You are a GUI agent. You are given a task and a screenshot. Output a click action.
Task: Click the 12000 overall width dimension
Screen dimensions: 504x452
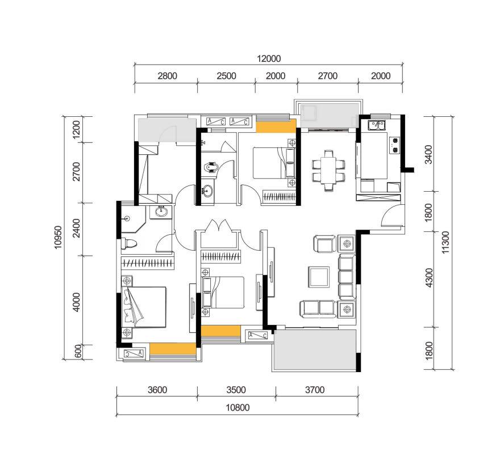pos(269,59)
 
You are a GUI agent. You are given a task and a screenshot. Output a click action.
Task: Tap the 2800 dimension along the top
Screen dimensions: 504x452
pos(167,76)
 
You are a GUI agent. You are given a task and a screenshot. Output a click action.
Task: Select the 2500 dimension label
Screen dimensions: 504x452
pos(226,76)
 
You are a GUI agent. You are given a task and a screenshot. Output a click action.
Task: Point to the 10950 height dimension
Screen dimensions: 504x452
pos(58,238)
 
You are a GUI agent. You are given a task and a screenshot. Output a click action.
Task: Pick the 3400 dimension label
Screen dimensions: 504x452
pos(428,155)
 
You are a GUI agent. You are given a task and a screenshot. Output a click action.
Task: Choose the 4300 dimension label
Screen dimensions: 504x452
pos(428,278)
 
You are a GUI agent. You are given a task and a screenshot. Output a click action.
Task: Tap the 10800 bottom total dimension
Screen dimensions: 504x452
pos(238,408)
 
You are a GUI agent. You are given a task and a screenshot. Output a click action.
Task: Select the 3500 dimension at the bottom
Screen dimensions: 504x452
pos(236,390)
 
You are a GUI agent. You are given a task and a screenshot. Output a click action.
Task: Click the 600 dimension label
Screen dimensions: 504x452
pos(78,352)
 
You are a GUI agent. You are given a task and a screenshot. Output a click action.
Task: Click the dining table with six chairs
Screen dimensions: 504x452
pos(328,171)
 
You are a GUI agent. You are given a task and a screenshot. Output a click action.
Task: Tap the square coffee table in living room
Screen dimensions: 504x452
pos(319,277)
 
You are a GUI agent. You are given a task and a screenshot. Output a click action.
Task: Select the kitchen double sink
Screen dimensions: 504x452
pos(377,125)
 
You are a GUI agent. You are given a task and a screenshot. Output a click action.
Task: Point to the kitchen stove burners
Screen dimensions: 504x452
pos(394,145)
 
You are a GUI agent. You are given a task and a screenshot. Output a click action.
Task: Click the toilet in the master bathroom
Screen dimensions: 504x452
pos(129,243)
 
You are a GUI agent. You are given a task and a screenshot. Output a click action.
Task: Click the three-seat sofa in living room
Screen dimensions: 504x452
pos(347,277)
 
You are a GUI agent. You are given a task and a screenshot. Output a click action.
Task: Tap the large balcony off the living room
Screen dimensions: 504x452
pos(315,350)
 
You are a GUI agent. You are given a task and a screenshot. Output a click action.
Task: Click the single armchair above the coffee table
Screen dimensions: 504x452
pos(324,244)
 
